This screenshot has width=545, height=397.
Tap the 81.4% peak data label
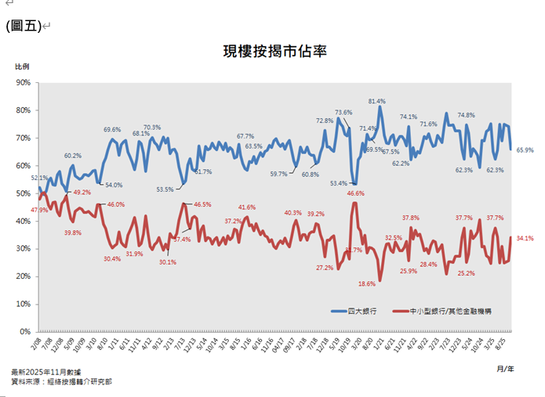coord(377,101)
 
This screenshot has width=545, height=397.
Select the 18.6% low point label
coord(366,283)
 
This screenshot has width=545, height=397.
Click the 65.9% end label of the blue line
coord(525,150)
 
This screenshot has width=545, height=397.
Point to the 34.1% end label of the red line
coord(525,237)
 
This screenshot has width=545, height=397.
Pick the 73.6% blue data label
coord(343,113)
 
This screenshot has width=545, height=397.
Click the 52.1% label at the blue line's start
coord(40,178)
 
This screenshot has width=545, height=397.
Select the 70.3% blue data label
coord(152,127)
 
